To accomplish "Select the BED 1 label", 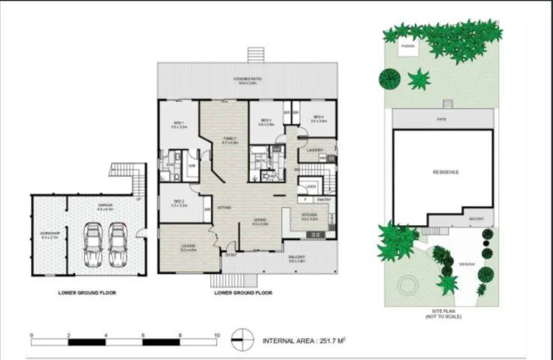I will coord(179,124).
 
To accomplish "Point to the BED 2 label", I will coord(179,202).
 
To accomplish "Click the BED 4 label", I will coord(318,118).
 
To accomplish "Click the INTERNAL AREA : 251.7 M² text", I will coord(303,341).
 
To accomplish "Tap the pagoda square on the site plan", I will coord(407,47).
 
